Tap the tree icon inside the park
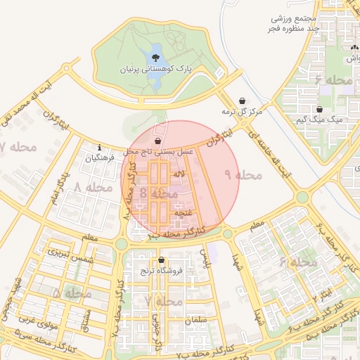tap(155, 57)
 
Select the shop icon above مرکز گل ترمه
tap(243, 101)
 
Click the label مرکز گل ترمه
tap(242, 112)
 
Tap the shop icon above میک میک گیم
tap(320, 110)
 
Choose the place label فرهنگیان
tap(98, 159)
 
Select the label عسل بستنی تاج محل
tap(158, 152)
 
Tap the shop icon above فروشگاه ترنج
tap(161, 259)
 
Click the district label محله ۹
tap(243, 174)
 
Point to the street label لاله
tap(179, 173)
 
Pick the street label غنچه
tap(182, 212)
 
